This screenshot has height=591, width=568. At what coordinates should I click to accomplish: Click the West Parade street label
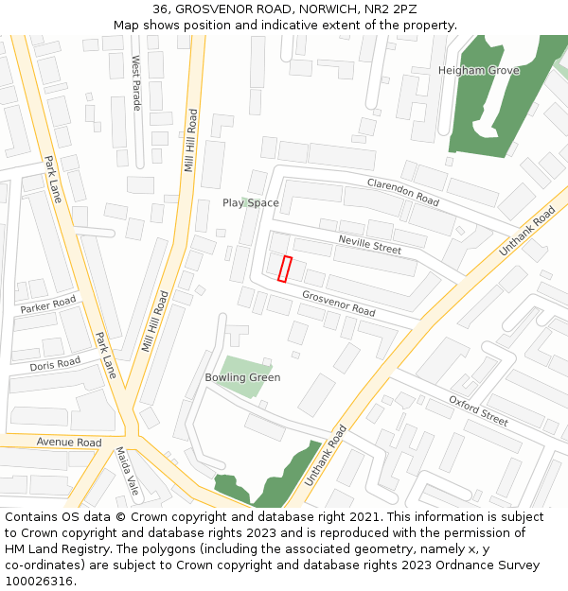(136, 82)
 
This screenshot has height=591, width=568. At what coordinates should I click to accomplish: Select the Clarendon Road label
(403, 192)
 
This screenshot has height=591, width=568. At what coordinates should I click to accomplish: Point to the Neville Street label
(370, 245)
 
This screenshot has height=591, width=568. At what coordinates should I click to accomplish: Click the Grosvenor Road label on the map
(339, 303)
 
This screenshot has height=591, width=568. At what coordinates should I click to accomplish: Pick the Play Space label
(251, 203)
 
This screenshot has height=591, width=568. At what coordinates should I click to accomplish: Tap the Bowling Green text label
(242, 377)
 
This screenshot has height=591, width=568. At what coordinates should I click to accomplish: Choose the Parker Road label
(48, 305)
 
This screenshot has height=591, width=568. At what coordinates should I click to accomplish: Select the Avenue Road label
(69, 443)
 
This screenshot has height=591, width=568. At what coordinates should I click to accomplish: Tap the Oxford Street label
(478, 409)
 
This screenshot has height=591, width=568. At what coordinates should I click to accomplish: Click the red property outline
(285, 269)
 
